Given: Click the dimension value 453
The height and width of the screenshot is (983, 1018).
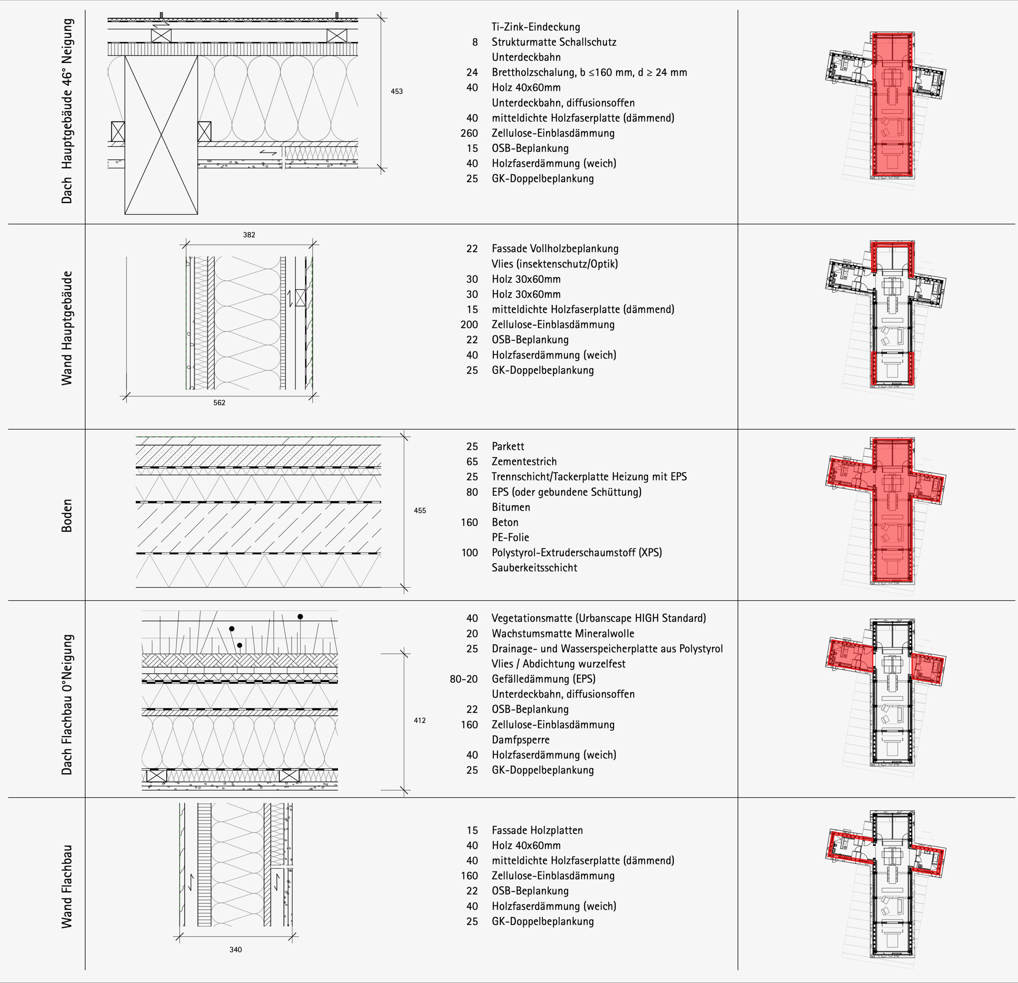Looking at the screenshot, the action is coord(396,91).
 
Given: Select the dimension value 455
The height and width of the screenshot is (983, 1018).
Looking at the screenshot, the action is coord(420,510).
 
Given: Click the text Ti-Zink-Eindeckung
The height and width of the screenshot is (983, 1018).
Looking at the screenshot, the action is coord(535,27).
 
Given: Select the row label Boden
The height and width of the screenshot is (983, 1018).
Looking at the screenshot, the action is coord(67,515).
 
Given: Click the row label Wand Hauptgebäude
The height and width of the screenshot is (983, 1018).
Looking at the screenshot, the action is coord(67,328).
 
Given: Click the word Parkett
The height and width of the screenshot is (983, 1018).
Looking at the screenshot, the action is coord(508,446).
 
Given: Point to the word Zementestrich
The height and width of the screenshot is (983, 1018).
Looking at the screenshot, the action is coord(524,461).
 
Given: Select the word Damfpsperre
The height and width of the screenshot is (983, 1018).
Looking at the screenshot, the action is coord(521,740).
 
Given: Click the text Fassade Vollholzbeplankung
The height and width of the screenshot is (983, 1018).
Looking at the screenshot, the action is coord(555,249).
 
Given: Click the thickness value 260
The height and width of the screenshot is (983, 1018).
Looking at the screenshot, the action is coord(469,133).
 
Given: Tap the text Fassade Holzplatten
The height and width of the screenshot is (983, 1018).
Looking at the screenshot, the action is coord(537,830).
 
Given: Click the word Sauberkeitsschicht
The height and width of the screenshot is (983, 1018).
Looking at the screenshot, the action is coord(534,568).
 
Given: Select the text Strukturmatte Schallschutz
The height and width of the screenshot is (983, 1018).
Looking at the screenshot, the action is coord(554,42).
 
